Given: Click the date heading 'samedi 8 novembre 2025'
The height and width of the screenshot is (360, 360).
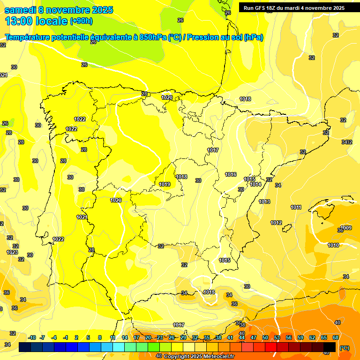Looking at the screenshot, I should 59,10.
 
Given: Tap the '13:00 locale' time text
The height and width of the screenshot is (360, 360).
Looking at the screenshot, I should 36,21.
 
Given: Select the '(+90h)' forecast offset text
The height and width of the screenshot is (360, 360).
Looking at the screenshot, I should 82,21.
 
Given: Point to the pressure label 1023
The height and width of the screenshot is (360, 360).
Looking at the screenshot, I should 12,252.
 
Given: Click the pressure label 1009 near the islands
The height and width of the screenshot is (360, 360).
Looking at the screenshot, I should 346,228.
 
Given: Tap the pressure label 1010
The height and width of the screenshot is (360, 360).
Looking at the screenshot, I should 333,245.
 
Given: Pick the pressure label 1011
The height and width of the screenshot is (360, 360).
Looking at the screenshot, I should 296,207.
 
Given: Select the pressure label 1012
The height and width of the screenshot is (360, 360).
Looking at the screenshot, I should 276,223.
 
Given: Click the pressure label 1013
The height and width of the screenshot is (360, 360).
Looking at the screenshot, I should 264,202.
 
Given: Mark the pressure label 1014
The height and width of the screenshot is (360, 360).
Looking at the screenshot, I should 255,184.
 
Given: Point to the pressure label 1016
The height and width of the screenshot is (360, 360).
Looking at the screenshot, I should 231,174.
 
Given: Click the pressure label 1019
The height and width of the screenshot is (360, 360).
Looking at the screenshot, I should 165,184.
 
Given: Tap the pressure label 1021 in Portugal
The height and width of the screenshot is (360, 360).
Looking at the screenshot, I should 82,217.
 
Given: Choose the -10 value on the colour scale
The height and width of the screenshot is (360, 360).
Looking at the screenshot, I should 32,337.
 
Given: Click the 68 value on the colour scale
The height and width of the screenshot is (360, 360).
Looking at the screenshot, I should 336,337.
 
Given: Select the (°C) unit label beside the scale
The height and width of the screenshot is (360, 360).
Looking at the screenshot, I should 345,348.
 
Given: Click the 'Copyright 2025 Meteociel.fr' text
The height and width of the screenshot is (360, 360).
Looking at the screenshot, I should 199,356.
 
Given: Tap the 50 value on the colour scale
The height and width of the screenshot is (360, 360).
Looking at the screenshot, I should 265,337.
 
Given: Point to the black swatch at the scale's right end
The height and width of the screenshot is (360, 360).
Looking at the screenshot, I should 330,347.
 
